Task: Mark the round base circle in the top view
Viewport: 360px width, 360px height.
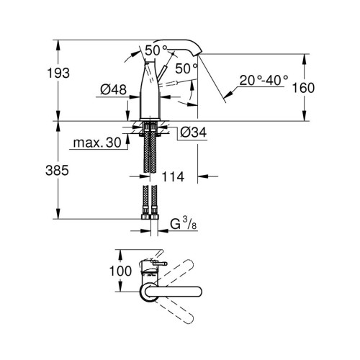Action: [148, 291]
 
